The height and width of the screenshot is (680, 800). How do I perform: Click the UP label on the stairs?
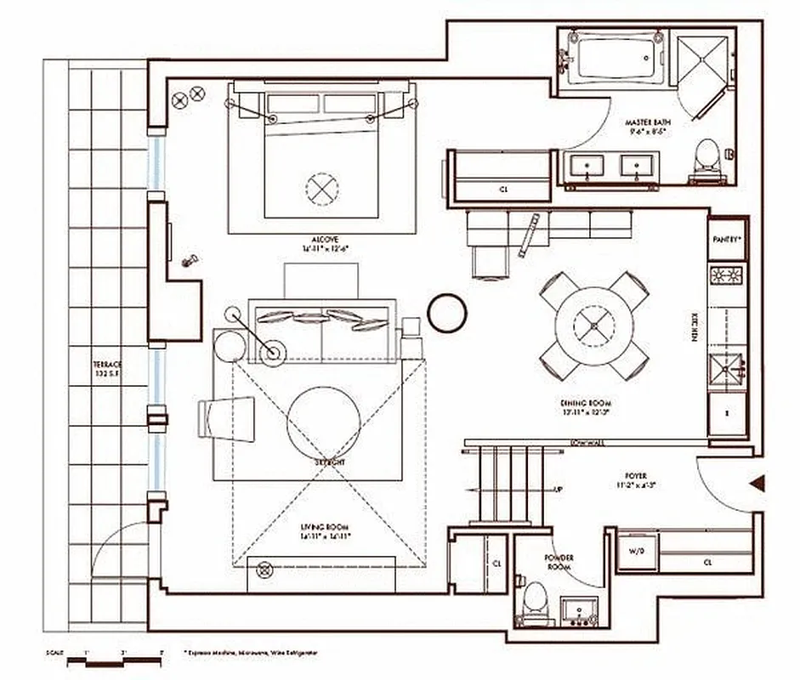(x=558, y=490)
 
